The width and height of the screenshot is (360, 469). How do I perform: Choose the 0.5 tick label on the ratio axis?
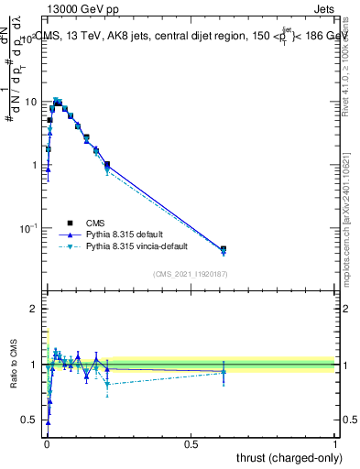(x=31, y=420)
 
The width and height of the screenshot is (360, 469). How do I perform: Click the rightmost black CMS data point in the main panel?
(x=224, y=249)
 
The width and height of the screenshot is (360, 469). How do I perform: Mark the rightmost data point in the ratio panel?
(x=224, y=371)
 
